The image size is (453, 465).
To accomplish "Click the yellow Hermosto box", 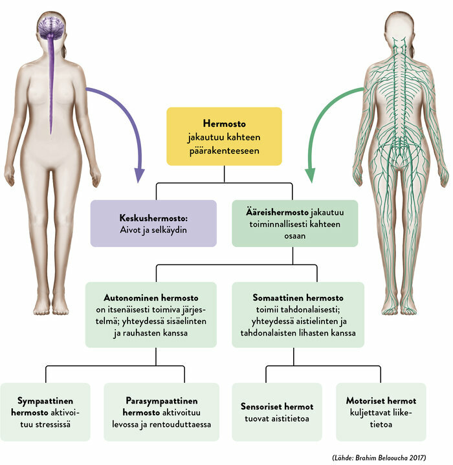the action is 224,136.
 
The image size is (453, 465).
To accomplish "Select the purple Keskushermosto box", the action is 153,223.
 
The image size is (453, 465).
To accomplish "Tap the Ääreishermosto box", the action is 295,223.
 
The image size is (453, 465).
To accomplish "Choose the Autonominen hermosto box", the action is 151,315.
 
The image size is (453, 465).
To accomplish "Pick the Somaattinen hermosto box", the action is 298,315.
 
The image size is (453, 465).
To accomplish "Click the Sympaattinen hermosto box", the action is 45,412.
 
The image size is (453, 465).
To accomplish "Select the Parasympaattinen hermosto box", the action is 161,412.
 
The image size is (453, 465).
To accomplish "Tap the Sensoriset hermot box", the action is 277,412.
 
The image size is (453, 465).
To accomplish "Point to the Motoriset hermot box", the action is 381,412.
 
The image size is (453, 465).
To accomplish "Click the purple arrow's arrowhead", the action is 139,175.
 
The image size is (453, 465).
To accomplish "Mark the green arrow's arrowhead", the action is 311,175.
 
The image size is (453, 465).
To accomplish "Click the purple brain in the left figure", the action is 51,27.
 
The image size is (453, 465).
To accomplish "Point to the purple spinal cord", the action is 51,86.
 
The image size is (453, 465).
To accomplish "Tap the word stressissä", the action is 54,424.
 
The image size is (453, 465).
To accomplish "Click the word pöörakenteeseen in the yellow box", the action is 225,151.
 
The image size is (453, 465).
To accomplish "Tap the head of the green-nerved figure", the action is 399,27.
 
